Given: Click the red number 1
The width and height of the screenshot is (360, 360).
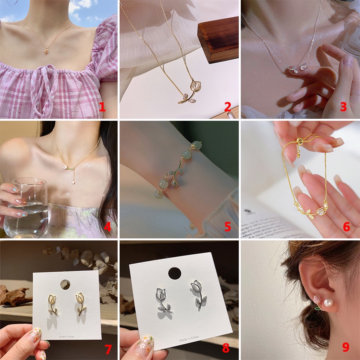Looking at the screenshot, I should pyautogui.click(x=102, y=107).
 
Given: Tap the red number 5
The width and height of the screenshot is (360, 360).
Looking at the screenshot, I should pyautogui.click(x=228, y=227).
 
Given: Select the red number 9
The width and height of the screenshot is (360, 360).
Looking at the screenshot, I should pyautogui.click(x=346, y=347).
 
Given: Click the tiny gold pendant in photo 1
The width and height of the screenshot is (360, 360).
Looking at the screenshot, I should pyautogui.click(x=46, y=51).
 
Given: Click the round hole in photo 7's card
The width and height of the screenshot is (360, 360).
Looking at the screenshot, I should pyautogui.click(x=65, y=284).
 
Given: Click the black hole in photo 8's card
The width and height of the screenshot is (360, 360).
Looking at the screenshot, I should pyautogui.click(x=174, y=273).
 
